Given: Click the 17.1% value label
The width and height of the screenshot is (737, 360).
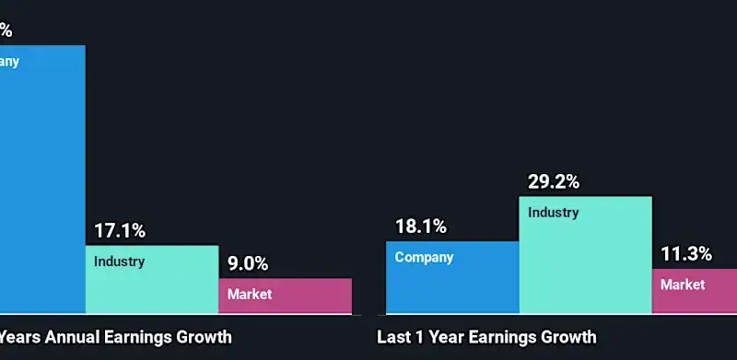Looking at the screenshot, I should [120, 231].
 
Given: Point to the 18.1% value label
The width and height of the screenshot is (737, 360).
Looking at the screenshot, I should [421, 226].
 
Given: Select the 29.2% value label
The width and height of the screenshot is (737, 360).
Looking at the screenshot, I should [554, 181].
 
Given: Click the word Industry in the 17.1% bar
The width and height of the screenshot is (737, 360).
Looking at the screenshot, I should [119, 261].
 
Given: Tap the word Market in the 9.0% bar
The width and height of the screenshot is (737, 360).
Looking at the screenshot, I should [251, 295].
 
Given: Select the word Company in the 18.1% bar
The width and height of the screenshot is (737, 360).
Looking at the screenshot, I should [424, 258].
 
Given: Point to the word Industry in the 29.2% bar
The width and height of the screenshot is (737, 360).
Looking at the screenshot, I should [553, 213].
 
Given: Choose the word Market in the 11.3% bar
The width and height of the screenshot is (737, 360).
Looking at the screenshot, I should [683, 285].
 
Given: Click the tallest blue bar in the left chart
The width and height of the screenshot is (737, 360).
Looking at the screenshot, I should [41, 184].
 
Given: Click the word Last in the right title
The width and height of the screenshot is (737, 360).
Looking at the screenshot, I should [393, 337].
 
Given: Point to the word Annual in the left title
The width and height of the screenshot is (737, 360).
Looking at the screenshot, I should [67, 337].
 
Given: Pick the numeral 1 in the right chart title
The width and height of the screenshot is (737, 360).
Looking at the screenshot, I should [423, 337].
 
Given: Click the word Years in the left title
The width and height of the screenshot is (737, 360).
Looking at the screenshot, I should [18, 337].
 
